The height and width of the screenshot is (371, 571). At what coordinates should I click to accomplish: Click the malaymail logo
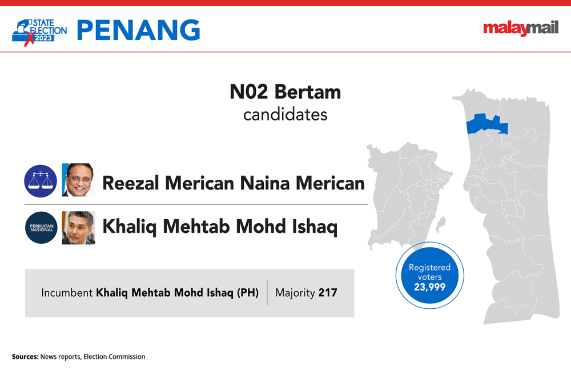[521, 29]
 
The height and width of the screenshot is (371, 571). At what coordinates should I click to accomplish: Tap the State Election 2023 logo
[39, 33]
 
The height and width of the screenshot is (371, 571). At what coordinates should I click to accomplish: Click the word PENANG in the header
[138, 30]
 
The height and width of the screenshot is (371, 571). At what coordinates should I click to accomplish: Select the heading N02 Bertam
[285, 92]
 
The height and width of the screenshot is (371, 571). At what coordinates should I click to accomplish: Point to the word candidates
[285, 115]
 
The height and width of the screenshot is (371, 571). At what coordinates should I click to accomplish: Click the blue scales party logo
[41, 181]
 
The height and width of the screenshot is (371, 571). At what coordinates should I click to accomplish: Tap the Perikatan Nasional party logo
[42, 228]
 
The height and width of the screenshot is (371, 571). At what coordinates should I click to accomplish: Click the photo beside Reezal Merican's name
[78, 180]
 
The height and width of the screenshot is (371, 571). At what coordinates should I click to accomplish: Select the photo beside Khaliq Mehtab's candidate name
[78, 228]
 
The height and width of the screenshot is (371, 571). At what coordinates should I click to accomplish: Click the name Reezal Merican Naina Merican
[234, 183]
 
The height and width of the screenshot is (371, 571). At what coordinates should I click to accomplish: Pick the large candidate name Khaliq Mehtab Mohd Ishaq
[220, 227]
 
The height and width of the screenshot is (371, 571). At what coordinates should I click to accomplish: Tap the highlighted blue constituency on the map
[487, 124]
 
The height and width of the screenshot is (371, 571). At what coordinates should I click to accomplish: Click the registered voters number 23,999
[430, 287]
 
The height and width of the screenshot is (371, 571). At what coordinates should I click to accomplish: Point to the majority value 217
[328, 293]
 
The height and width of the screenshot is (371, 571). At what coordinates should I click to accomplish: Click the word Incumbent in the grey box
[67, 293]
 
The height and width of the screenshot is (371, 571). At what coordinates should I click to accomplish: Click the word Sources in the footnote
[25, 357]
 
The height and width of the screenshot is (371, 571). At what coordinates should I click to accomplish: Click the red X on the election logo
[29, 39]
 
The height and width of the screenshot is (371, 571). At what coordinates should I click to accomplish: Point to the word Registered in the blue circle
[430, 268]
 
